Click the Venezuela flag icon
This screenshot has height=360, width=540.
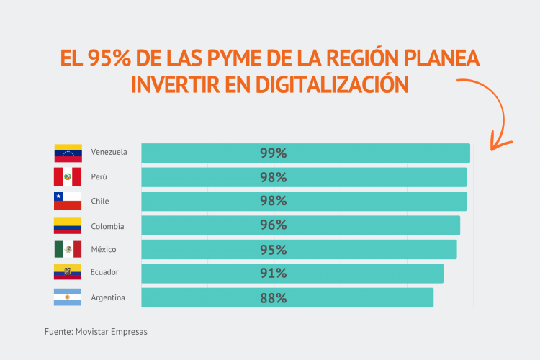68,153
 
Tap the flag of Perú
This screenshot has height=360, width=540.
68,176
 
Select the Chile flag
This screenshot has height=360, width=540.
68,201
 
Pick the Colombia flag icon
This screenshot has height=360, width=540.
68,225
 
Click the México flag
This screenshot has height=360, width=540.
68,249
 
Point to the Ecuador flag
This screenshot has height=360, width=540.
68,272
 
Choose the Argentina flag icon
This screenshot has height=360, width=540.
68,297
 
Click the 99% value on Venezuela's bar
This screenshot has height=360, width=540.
273,153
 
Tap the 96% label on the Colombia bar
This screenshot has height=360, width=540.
273,225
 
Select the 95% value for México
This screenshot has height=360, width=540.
273,249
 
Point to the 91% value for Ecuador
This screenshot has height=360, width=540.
273,273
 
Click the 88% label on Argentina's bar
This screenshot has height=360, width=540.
273,297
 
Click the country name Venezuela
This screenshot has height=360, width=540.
109,152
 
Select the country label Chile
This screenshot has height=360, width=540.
100,201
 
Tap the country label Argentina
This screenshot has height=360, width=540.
108,297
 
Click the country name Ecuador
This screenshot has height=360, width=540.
104,272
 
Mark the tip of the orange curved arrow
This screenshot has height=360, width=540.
492,149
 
